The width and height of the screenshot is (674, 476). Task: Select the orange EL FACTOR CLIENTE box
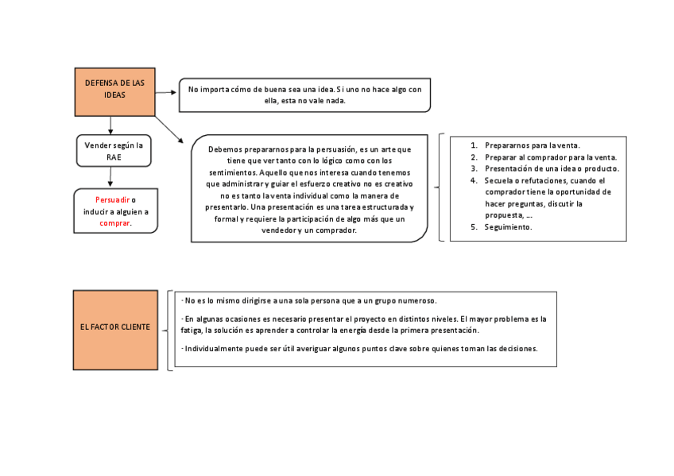coord(115,330)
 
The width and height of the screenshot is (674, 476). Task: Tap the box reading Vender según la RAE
coord(114,150)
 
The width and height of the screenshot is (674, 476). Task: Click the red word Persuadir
coord(112,199)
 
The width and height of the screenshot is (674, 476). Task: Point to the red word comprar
coord(115,223)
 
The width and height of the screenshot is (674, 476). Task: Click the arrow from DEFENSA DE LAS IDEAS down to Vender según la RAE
coord(110,125)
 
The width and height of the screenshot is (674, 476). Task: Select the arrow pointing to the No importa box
coord(166,92)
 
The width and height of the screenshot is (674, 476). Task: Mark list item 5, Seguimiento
coord(508,226)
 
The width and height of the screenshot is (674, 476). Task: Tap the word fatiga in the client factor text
coord(191,330)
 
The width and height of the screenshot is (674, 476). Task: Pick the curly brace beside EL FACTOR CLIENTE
coord(170,330)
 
